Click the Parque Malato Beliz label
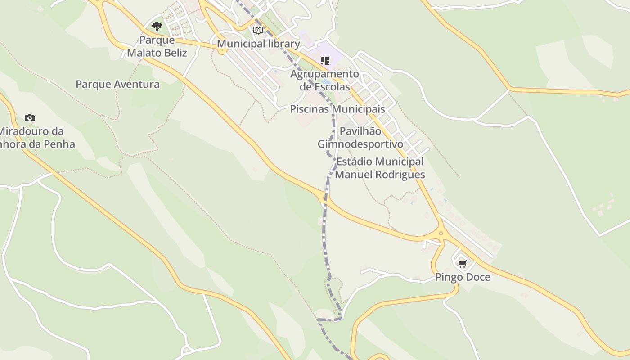click(157, 46)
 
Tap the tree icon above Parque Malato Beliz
click(157, 26)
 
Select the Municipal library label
click(258, 44)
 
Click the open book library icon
click(258, 30)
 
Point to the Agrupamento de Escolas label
click(325, 80)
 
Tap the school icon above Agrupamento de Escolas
click(325, 60)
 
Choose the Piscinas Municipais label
click(337, 109)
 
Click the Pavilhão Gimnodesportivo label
click(360, 138)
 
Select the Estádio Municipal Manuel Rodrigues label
click(380, 168)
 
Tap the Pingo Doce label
click(463, 277)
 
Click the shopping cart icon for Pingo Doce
click(463, 264)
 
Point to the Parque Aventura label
click(117, 84)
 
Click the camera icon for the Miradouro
click(30, 118)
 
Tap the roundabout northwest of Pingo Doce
click(441, 233)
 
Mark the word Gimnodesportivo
click(360, 144)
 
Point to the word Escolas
click(331, 86)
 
